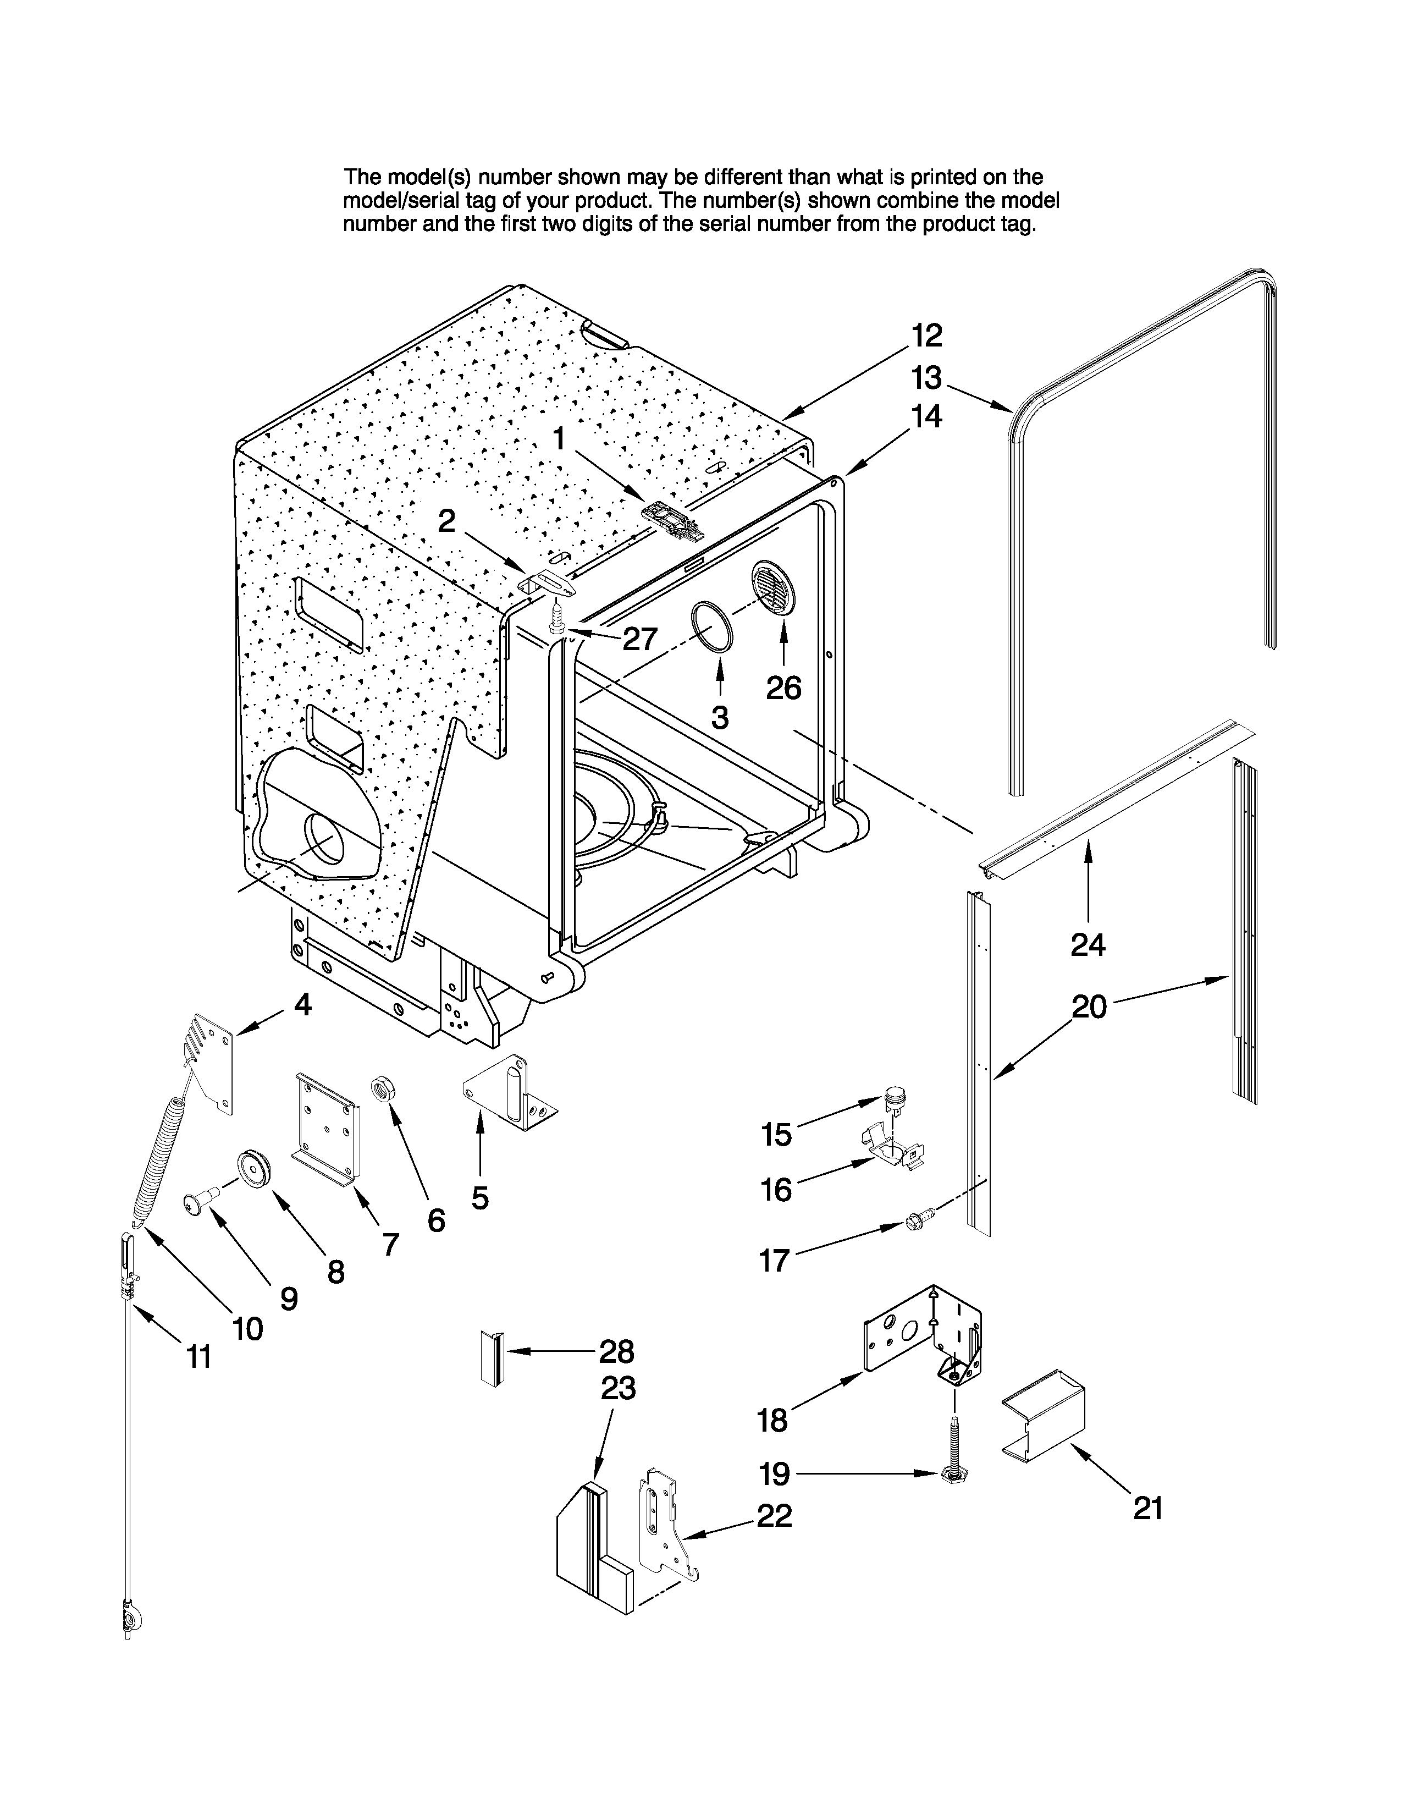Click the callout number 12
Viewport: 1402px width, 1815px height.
click(926, 335)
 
